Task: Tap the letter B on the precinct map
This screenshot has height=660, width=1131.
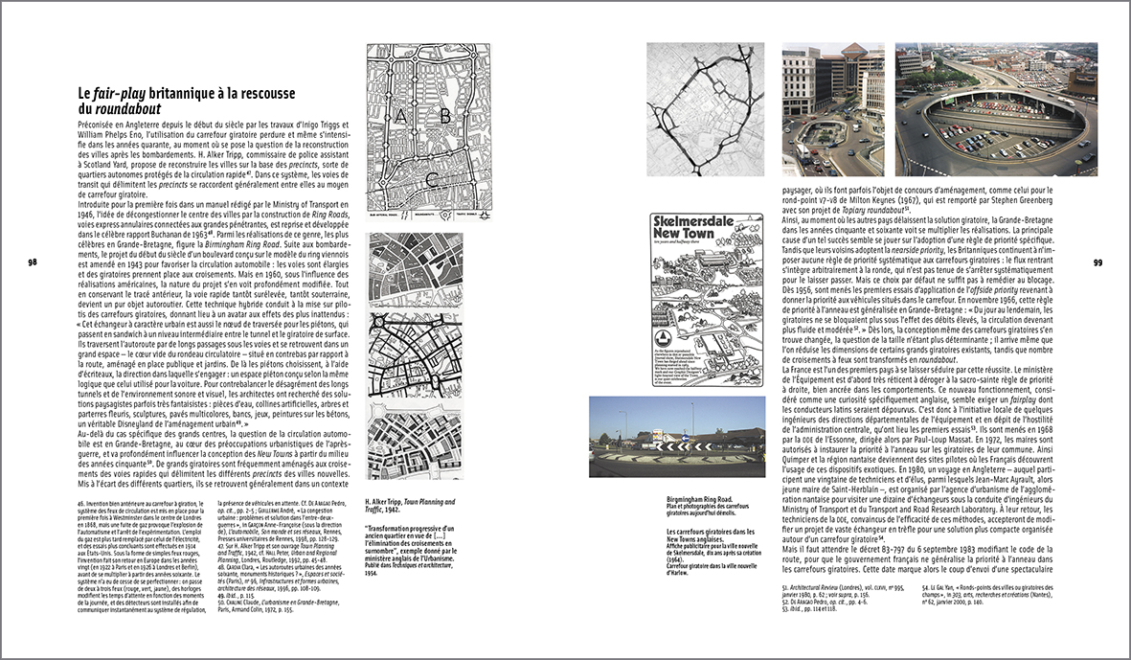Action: pyautogui.click(x=443, y=116)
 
